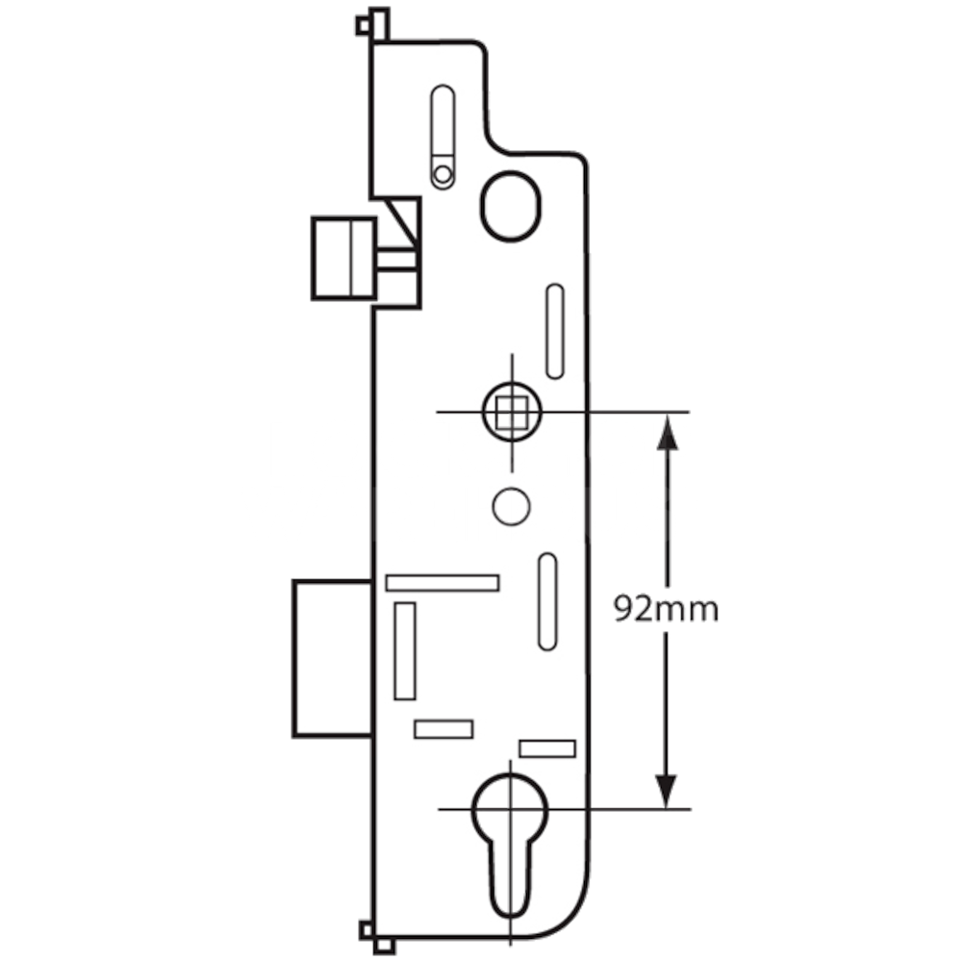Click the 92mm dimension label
point(666,609)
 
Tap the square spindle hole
point(511,412)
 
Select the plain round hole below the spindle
point(511,506)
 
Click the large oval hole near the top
point(511,204)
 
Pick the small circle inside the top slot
point(443,175)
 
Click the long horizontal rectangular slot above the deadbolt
point(442,583)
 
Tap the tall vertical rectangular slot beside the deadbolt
point(405,651)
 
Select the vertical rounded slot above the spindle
point(555,331)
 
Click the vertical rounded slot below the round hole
point(547,601)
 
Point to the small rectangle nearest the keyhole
point(546,748)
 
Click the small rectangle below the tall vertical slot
point(443,729)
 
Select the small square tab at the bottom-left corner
point(366,929)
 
